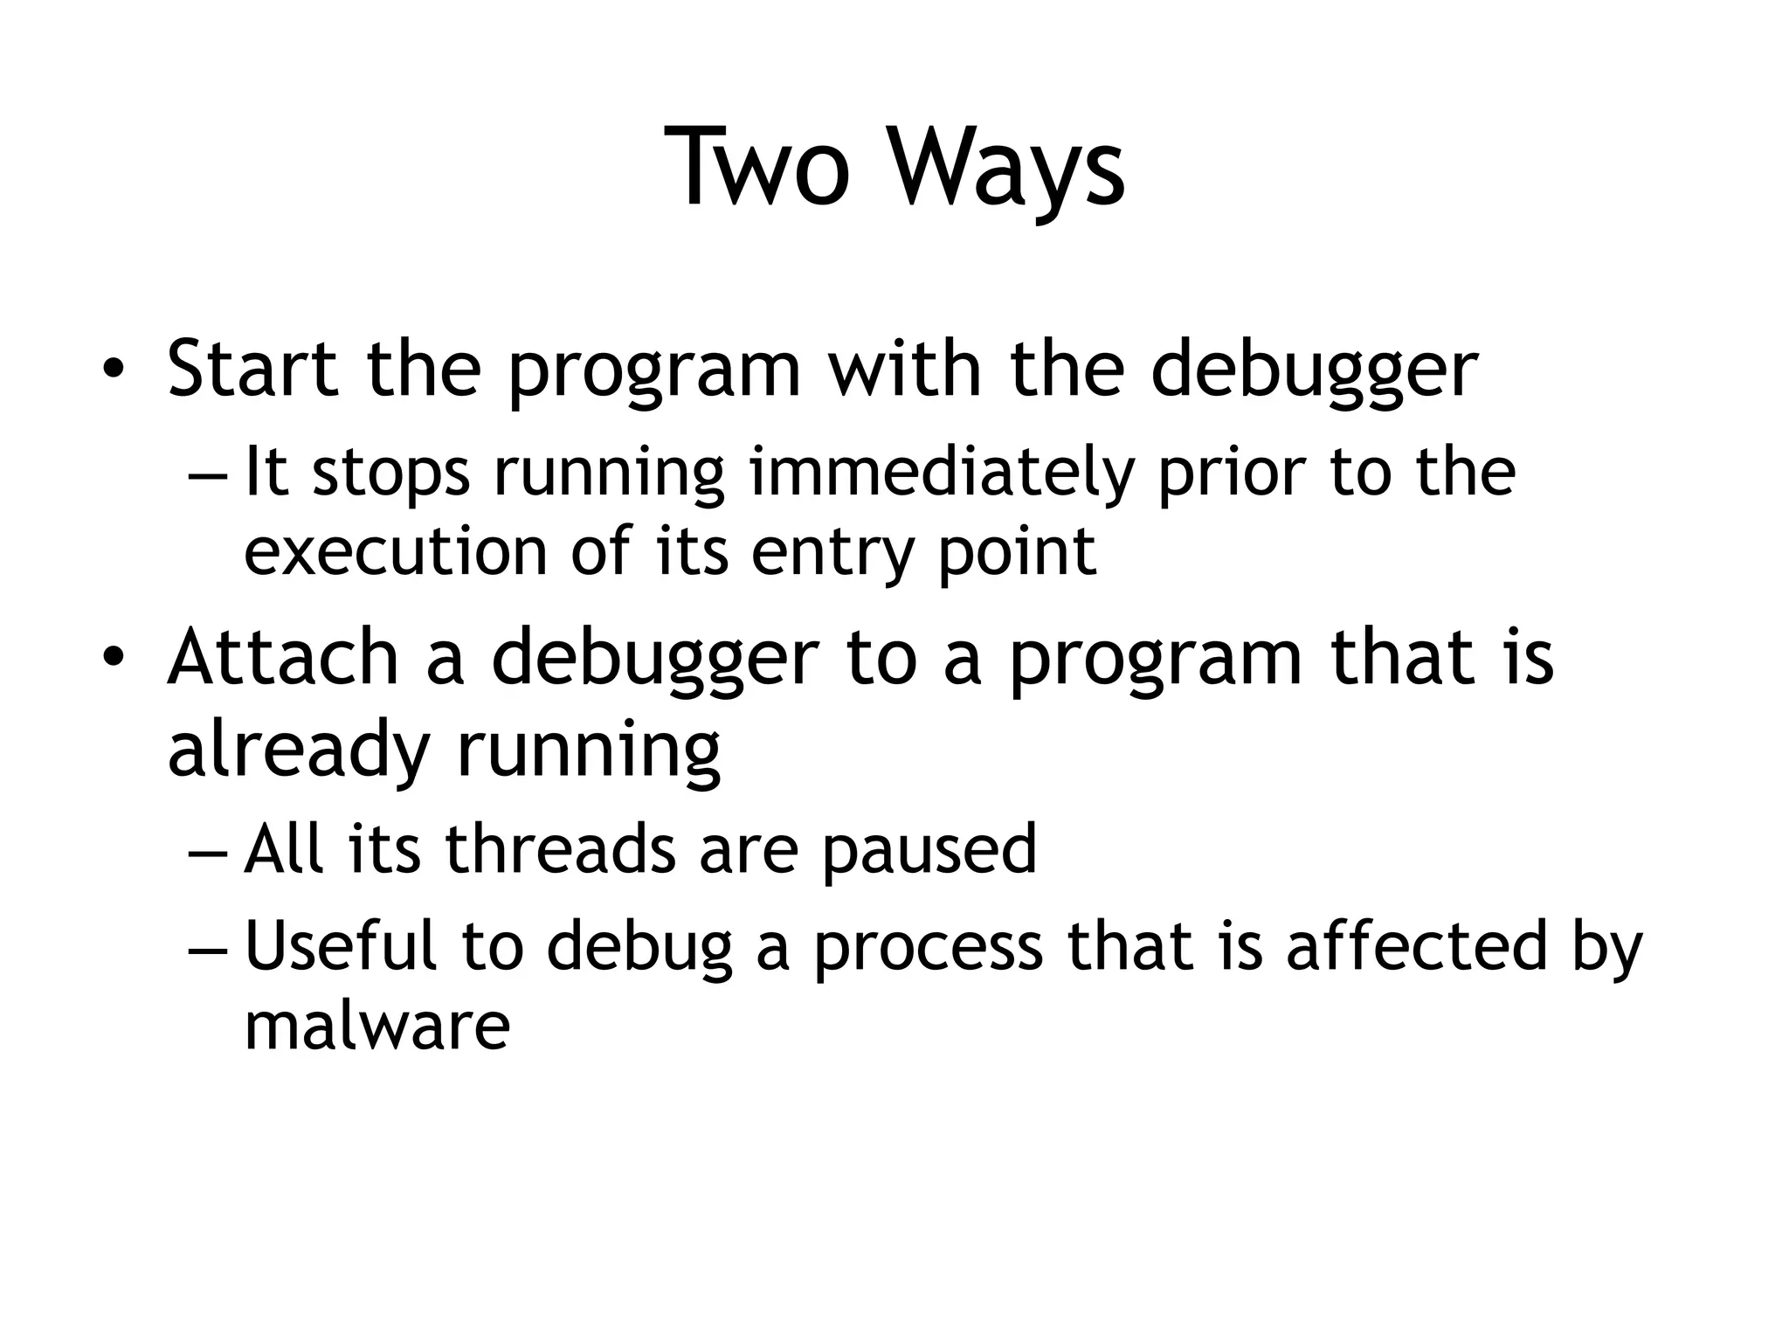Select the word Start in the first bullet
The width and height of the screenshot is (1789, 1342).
coord(252,369)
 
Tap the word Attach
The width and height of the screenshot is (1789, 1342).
coord(283,657)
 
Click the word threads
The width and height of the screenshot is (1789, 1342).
coord(560,849)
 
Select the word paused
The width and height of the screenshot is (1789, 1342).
coord(929,851)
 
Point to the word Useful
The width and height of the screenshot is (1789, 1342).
coord(340,945)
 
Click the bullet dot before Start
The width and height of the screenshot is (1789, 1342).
coord(112,370)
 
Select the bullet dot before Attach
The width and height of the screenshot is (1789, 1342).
coord(112,657)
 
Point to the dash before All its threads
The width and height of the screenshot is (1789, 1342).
coord(207,851)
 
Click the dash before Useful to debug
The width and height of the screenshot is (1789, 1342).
coord(207,947)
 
